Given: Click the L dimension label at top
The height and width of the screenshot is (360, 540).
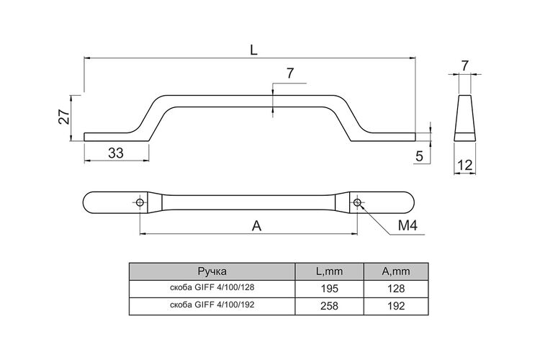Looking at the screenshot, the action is [253, 50].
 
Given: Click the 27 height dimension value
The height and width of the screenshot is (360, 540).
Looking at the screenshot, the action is [64, 117].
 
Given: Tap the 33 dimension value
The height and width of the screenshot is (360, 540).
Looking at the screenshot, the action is [116, 153].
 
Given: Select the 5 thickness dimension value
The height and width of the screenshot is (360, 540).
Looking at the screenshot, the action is [419, 156].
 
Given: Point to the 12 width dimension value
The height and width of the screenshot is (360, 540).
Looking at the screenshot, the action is [464, 166].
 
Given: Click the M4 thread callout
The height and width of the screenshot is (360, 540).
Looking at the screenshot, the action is [408, 225].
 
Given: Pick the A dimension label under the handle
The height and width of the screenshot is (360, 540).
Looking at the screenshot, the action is [256, 226].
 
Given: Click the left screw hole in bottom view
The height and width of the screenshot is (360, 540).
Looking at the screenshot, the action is [140, 202].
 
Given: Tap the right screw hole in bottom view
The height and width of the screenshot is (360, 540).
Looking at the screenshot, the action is [357, 202].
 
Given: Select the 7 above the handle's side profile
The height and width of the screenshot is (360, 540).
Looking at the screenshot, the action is [290, 73].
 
